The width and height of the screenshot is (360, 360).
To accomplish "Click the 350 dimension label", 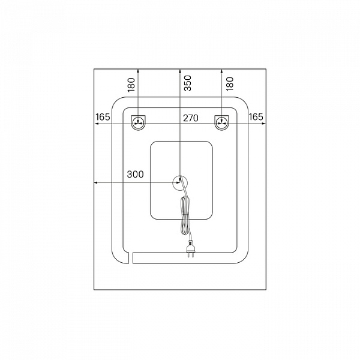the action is (188, 83).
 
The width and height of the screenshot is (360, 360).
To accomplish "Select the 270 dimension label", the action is (191, 118).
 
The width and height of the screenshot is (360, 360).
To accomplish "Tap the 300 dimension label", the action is (135, 174).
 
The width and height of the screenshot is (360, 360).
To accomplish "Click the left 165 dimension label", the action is (103, 117).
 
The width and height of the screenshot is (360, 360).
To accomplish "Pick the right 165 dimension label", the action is (256, 117).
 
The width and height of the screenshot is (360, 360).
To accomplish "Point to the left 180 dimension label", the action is (131, 85).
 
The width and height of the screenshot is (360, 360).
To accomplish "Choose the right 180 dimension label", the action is (230, 84).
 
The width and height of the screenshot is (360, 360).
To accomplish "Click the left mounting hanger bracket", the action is (138, 123).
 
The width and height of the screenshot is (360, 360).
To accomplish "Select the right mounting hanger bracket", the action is (221, 123).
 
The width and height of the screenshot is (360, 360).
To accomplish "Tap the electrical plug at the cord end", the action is (191, 248).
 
